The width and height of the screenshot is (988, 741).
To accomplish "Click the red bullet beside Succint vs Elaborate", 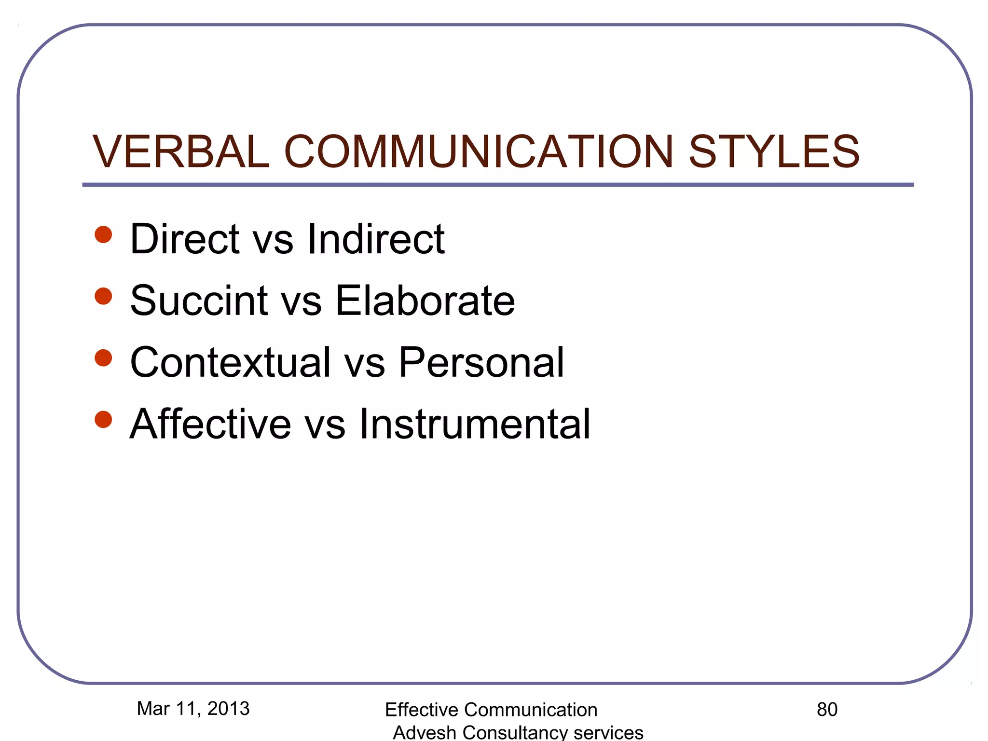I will [103, 296].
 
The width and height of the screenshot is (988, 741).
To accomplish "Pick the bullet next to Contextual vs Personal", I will [103, 358].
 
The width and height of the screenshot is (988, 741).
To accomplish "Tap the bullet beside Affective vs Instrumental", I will [103, 419].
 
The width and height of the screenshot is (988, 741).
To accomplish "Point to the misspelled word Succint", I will [199, 301].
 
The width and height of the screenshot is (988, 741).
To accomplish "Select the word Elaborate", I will [425, 301].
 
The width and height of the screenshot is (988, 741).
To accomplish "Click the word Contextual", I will [230, 362].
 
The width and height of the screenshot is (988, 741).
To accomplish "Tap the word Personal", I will [481, 362].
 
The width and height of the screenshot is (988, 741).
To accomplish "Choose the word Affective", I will [210, 424].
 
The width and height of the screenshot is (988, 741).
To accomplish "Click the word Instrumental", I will [474, 424].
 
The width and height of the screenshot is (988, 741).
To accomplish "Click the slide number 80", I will [827, 710].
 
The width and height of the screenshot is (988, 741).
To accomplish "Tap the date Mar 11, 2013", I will [193, 709].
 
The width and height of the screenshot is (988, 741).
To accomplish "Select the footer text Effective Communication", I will [491, 710].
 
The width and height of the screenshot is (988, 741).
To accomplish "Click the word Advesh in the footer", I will [424, 732].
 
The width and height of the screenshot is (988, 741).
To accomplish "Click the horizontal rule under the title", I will [497, 185].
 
